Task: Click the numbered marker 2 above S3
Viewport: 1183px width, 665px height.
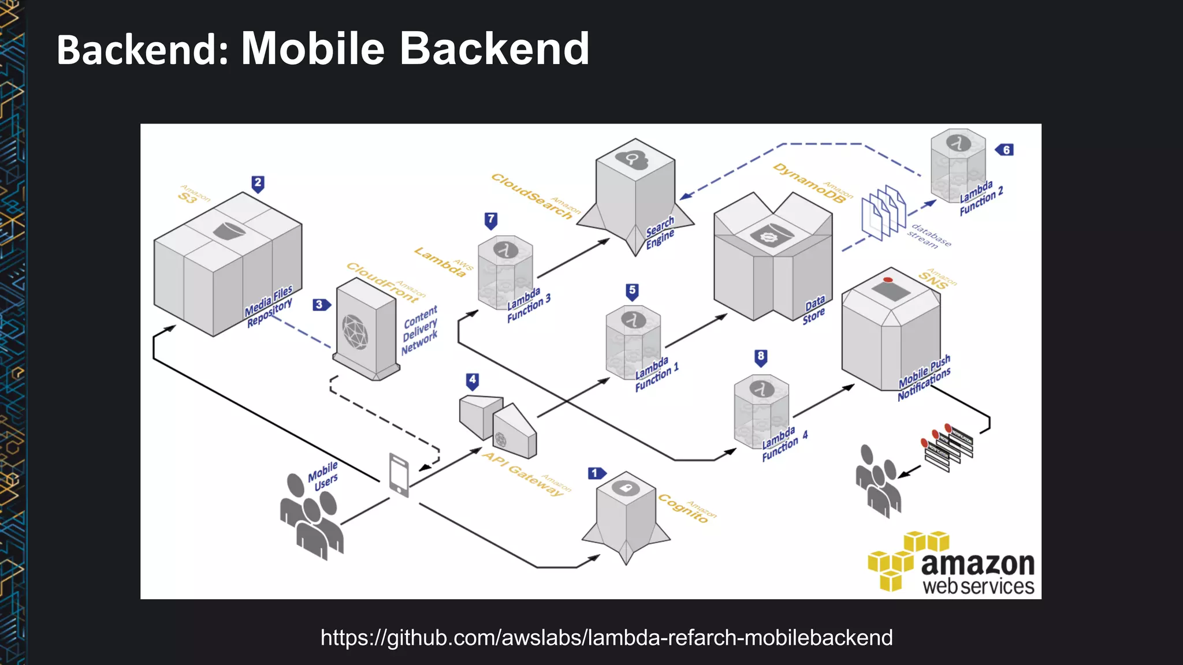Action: (258, 184)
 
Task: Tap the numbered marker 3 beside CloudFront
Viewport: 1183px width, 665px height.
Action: (321, 305)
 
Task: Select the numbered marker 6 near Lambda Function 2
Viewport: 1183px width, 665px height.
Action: (1005, 150)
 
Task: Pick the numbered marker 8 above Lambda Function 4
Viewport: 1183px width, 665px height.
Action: (761, 357)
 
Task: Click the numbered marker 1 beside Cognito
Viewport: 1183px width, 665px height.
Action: (596, 473)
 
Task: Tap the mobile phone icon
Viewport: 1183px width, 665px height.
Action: (399, 475)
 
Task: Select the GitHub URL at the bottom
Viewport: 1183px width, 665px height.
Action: (607, 638)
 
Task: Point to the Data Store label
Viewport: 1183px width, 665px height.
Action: (814, 310)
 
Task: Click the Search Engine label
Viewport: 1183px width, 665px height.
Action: (660, 232)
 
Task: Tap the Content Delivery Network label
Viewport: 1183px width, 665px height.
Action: (420, 330)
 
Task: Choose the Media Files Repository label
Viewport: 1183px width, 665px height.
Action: (269, 307)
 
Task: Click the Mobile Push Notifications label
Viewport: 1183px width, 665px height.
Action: (924, 378)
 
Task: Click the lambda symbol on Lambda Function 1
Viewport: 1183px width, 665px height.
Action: (633, 319)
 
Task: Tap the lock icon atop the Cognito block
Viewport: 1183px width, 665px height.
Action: (626, 488)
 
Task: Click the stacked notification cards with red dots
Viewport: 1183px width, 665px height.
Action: (947, 447)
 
